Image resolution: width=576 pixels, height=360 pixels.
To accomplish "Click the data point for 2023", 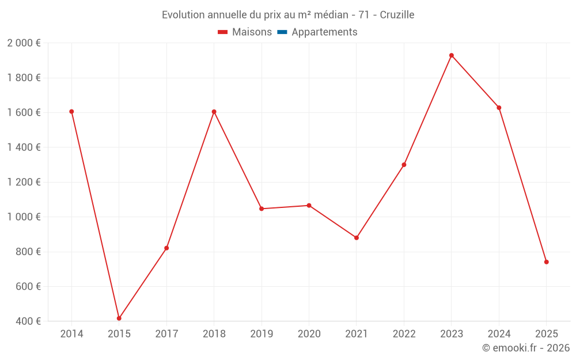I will click(452, 55).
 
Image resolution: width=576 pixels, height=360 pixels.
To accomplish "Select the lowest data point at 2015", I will click(119, 319).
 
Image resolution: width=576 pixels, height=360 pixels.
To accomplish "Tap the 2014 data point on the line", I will click(71, 112).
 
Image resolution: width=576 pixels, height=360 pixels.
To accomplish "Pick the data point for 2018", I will click(214, 112).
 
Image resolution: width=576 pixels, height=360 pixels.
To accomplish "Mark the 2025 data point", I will click(546, 262).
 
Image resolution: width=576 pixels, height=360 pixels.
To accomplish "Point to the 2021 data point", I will click(357, 238).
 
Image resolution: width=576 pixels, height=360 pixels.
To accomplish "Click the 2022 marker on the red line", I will click(404, 165).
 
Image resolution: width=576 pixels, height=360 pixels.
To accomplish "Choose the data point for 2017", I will click(166, 248).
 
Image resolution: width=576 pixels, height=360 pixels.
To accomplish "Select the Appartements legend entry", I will click(324, 32).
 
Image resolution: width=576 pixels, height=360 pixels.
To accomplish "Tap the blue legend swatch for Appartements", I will click(282, 32).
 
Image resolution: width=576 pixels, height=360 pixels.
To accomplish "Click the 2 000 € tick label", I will click(24, 43).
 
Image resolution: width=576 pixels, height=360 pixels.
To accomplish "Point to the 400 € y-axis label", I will click(28, 321).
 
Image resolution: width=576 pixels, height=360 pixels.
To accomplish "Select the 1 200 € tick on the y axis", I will click(24, 182).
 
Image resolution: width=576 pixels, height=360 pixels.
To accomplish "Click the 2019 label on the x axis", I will click(262, 334).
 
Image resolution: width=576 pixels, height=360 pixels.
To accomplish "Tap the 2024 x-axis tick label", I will click(499, 334).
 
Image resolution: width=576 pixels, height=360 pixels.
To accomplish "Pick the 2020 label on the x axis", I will click(309, 334).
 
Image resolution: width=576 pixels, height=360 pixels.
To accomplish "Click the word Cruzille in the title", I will click(397, 15).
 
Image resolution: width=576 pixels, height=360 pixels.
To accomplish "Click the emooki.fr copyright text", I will click(526, 348).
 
